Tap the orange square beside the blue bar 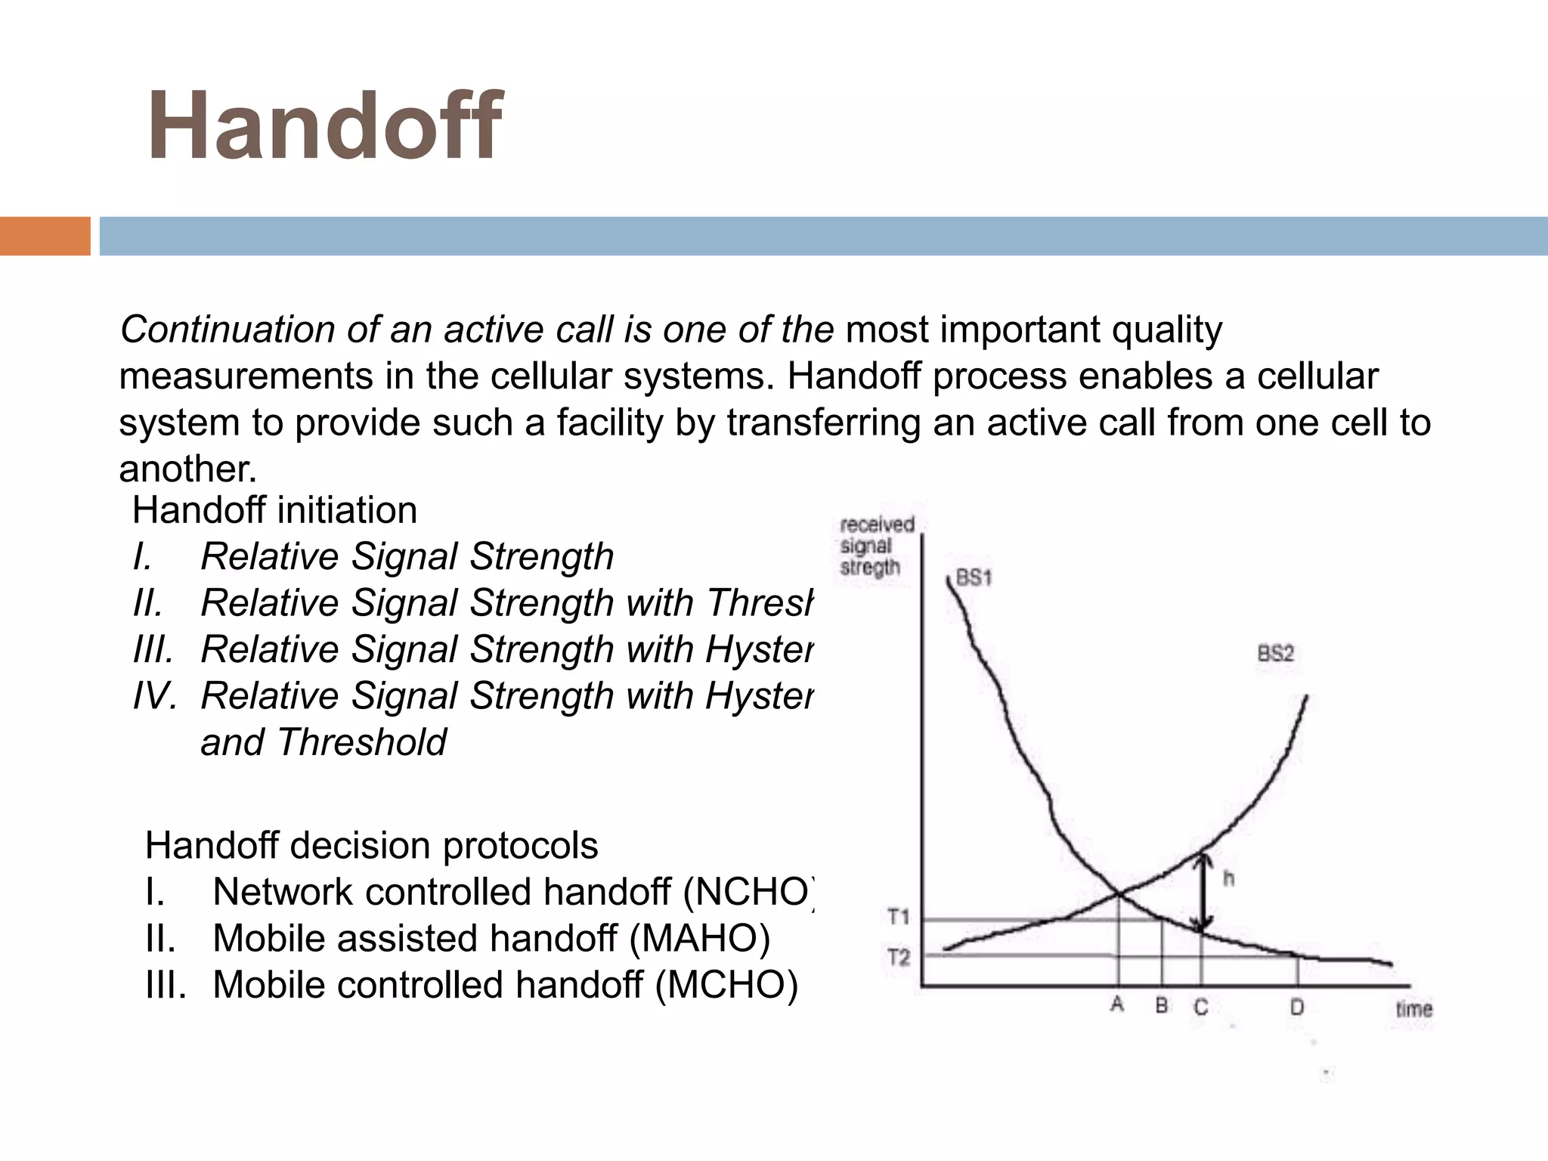pyautogui.click(x=45, y=236)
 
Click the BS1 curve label pyautogui.click(x=974, y=578)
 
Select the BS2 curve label pyautogui.click(x=1276, y=653)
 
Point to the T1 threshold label pyautogui.click(x=899, y=918)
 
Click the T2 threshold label pyautogui.click(x=899, y=958)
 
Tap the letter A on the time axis pyautogui.click(x=1117, y=1005)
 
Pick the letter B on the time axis pyautogui.click(x=1162, y=1006)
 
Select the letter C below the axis pyautogui.click(x=1201, y=1007)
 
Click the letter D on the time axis pyautogui.click(x=1297, y=1007)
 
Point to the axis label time pyautogui.click(x=1413, y=1009)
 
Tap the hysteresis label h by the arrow pyautogui.click(x=1229, y=878)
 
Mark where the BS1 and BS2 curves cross pyautogui.click(x=1119, y=895)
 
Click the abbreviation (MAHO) pyautogui.click(x=699, y=938)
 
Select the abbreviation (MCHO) pyautogui.click(x=726, y=985)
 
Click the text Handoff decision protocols pyautogui.click(x=371, y=845)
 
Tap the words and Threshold pyautogui.click(x=324, y=742)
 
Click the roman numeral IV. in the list pyautogui.click(x=155, y=695)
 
